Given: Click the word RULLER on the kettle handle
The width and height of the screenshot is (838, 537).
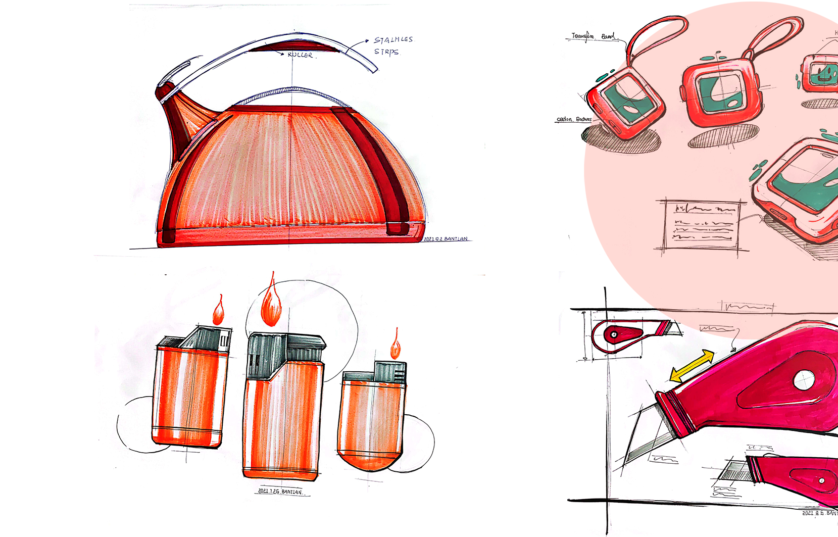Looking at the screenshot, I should (300, 55).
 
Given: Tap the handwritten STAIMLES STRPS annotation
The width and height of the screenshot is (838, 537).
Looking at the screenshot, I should (392, 45).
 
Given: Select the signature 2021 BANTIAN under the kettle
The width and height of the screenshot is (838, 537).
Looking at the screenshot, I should (446, 238).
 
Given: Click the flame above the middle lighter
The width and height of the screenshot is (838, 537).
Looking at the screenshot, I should (271, 303).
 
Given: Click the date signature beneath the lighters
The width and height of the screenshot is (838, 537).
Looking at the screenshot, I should (280, 491).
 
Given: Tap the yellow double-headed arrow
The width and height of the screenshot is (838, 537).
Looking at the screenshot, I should (692, 366).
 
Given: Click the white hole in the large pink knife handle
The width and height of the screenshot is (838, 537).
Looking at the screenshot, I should (804, 380).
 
